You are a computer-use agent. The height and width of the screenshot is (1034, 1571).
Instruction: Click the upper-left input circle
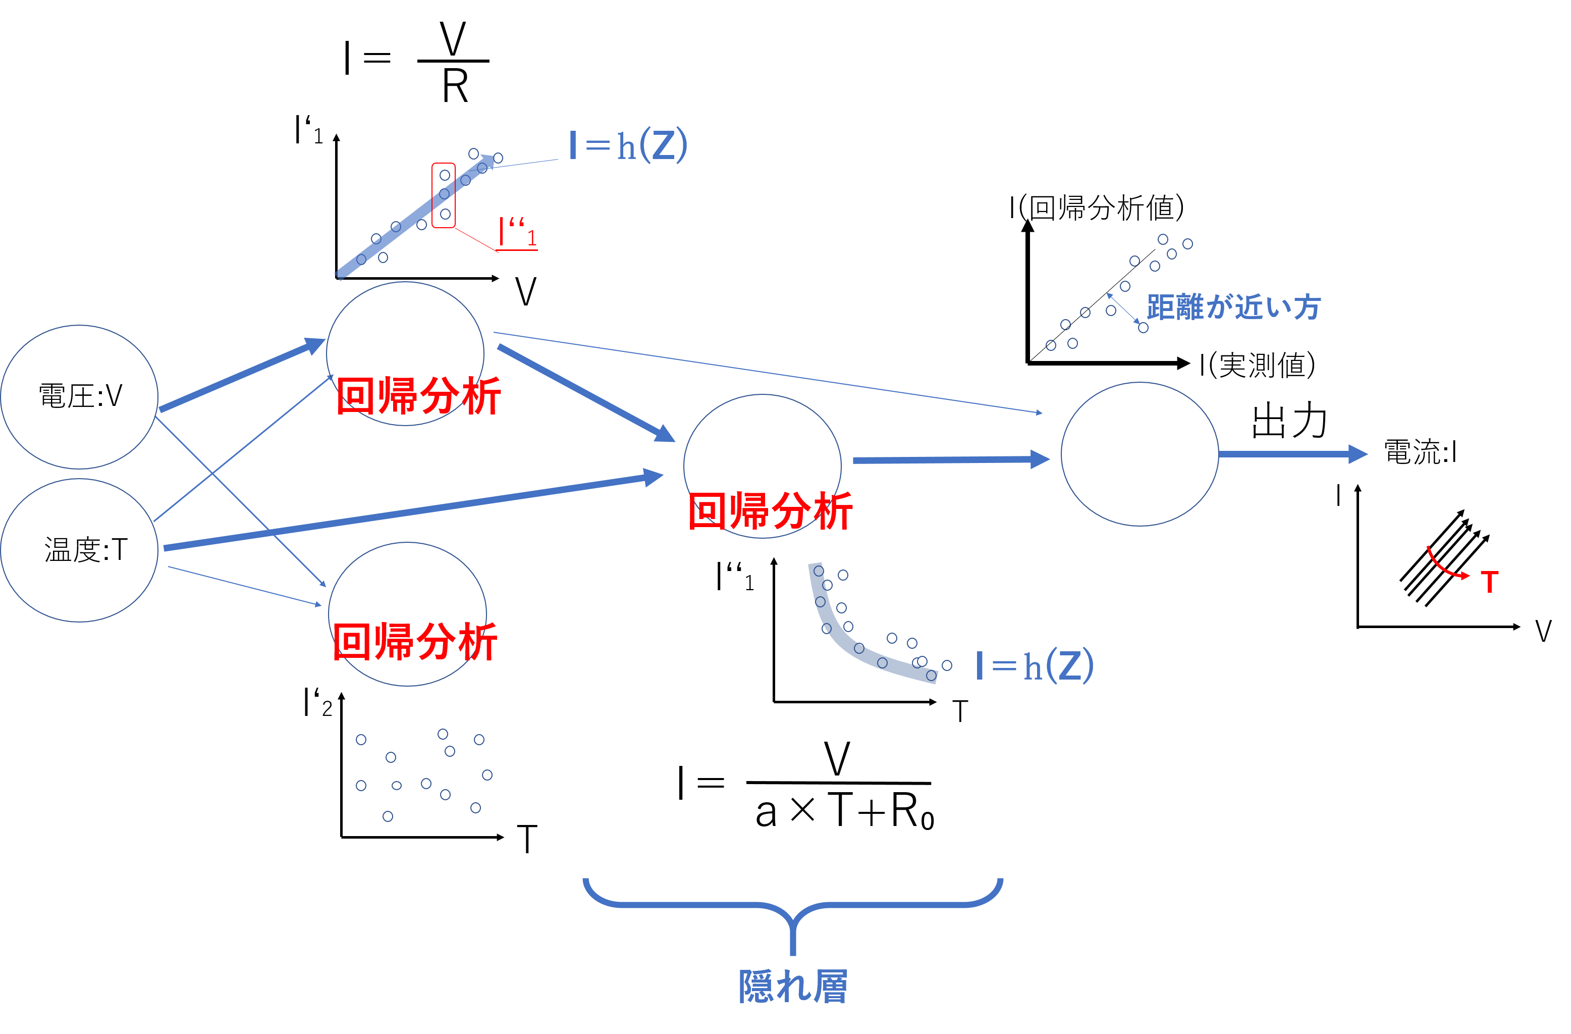[x=79, y=396]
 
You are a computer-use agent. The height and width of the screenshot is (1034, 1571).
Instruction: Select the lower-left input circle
[x=79, y=550]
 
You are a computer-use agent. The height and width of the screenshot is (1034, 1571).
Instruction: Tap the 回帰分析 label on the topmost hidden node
[x=418, y=396]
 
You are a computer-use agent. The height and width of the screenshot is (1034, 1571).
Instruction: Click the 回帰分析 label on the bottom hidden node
[x=414, y=641]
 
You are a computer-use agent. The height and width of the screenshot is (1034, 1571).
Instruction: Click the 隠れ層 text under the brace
[x=793, y=987]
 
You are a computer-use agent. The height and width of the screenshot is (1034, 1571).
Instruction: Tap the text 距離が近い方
[x=1234, y=307]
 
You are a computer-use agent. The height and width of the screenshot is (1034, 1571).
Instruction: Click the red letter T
[x=1489, y=582]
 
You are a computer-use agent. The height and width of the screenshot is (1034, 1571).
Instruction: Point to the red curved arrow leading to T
[x=1442, y=566]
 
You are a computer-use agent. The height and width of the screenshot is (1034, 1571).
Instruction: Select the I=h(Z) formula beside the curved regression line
[x=1035, y=665]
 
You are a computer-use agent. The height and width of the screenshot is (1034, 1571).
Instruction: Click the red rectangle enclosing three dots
[x=444, y=195]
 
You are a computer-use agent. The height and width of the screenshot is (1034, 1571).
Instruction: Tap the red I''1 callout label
[x=519, y=232]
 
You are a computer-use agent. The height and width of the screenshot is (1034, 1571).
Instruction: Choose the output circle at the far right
[x=1140, y=454]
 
